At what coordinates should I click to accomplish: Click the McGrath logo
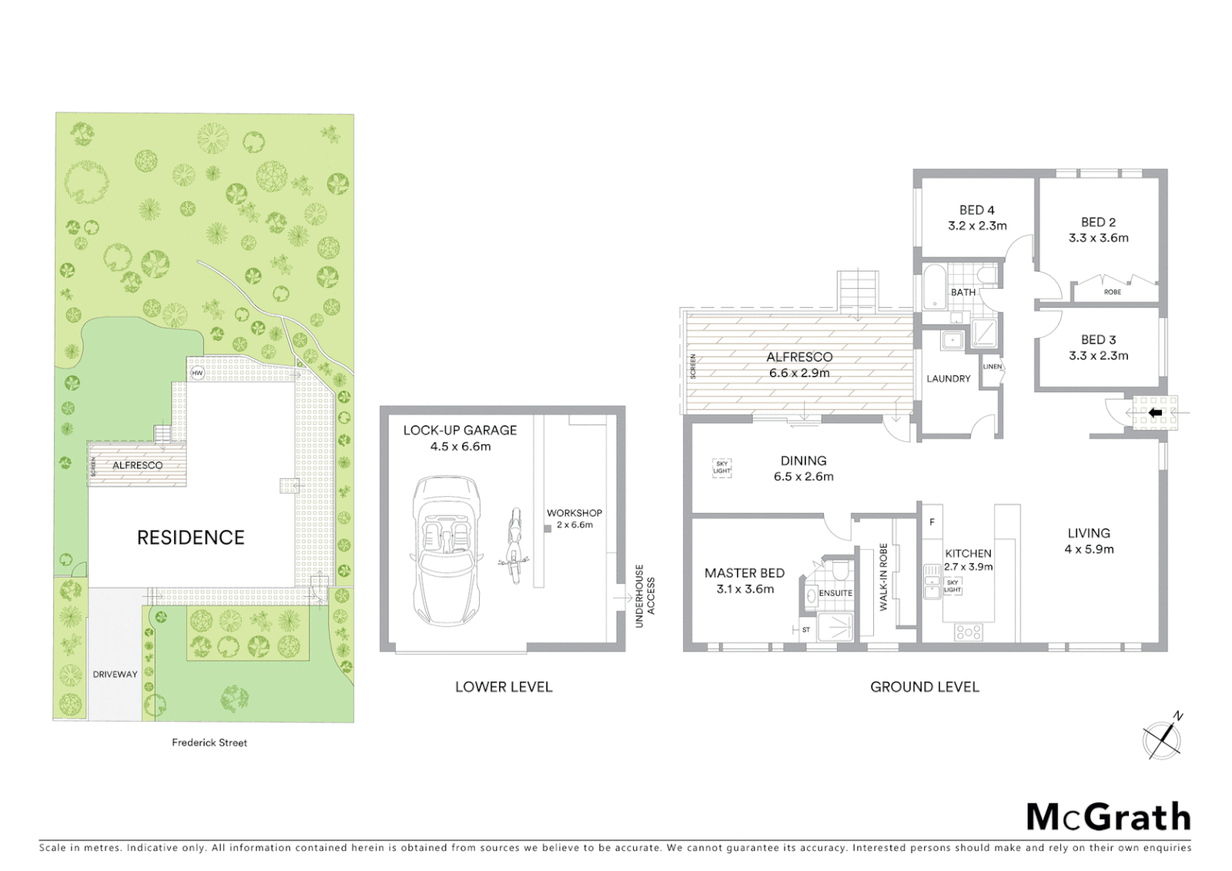(x=1108, y=817)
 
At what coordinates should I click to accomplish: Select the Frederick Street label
(x=210, y=743)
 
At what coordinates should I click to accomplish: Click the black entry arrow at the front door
(x=1155, y=412)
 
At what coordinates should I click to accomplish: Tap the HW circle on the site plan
(x=198, y=373)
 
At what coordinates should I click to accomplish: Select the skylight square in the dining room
(x=722, y=467)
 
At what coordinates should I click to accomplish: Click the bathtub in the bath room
(x=934, y=286)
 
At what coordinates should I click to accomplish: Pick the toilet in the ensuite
(x=839, y=572)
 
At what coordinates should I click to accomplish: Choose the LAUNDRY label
(x=948, y=378)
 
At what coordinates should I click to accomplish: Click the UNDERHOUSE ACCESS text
(x=646, y=590)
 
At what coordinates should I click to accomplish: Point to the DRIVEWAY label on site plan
(x=114, y=674)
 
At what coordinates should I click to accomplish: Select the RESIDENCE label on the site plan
(x=190, y=538)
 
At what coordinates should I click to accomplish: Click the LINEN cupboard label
(x=993, y=367)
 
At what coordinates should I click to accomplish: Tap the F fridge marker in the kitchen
(x=932, y=522)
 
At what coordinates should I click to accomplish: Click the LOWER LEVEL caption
(x=504, y=687)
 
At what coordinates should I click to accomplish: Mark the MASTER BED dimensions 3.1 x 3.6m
(x=745, y=590)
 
